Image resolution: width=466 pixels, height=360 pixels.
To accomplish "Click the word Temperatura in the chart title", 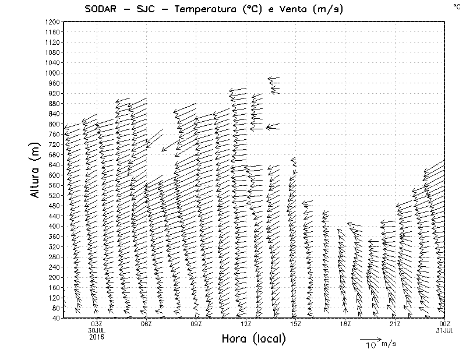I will click(204, 9).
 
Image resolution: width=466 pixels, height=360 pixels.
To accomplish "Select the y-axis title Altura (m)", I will click(36, 171).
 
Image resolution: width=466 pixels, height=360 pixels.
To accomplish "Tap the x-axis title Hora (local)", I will click(253, 338).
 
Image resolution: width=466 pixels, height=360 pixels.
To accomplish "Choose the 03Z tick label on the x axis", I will click(97, 324).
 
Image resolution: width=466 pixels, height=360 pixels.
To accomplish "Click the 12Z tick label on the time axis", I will click(246, 324).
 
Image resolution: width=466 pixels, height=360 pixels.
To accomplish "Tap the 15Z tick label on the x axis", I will click(295, 324).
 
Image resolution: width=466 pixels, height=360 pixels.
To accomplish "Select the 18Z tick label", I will click(345, 324).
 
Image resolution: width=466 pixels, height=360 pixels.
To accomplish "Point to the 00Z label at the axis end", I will click(445, 324).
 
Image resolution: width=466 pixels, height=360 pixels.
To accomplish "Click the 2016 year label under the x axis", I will click(97, 336).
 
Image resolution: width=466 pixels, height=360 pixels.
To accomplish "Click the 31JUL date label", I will click(445, 330).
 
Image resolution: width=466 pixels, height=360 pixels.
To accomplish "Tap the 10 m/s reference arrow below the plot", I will click(370, 338).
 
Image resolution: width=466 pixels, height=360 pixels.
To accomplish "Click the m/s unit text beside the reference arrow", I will click(388, 344).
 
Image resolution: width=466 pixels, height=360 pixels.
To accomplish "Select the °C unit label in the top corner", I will click(457, 6).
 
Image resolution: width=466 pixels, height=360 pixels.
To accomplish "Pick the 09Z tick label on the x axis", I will click(196, 324).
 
